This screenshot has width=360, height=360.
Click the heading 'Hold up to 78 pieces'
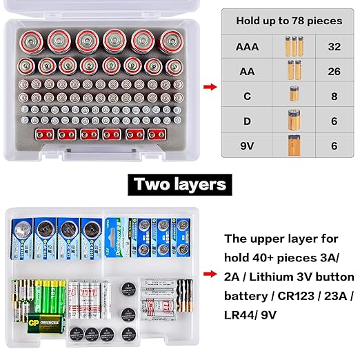289,21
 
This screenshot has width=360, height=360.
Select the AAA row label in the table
248,47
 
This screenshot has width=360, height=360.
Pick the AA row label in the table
248,71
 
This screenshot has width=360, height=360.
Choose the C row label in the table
248,96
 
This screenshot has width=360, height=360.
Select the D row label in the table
248,121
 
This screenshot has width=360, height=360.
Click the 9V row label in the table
248,146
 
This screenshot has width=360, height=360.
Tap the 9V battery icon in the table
293,146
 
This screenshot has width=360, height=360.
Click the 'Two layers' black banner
180,184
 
